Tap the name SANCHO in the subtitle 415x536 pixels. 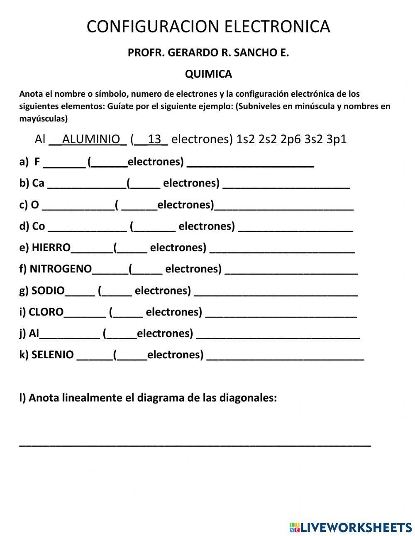point(254,53)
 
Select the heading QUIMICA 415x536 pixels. point(208,74)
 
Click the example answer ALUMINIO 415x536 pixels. point(91,139)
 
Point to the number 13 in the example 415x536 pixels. point(154,139)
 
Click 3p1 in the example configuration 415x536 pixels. point(336,139)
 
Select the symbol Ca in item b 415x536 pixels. point(38,183)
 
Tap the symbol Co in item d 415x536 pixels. point(38,226)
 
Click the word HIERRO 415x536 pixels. point(51,248)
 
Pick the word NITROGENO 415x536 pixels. point(61,269)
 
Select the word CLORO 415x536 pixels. point(46,312)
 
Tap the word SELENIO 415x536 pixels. point(53,355)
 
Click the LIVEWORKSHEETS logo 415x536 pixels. point(351,527)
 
